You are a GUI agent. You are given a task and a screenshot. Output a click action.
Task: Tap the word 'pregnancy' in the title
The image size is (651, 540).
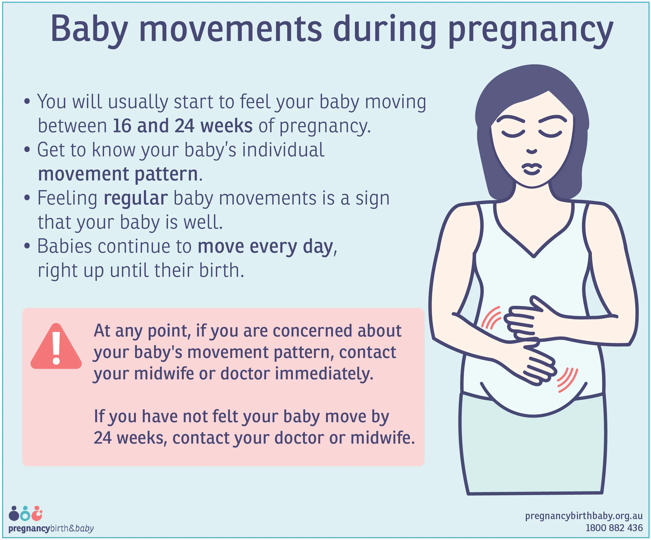531,31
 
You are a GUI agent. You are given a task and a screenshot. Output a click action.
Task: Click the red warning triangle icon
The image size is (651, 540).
56,346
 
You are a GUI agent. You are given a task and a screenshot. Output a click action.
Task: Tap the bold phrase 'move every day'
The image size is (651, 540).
265,247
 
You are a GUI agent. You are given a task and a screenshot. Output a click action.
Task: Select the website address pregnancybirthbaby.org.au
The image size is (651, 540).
584,516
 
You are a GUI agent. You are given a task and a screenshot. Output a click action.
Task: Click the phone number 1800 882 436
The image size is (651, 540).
614,528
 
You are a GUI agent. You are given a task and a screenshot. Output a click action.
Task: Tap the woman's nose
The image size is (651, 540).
532,151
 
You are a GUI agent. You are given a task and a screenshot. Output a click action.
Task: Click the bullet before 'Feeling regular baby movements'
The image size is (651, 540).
27,198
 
